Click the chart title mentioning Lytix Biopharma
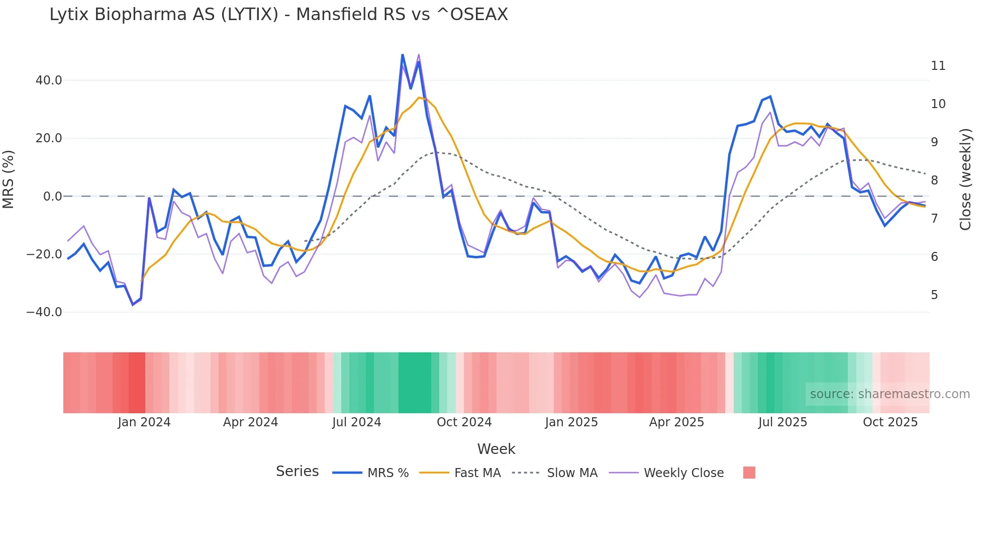(278, 15)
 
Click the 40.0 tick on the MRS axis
(49, 80)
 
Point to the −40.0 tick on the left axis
(44, 312)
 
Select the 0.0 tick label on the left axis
(52, 197)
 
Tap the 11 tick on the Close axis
(938, 66)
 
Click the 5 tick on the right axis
(934, 295)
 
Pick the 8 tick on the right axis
(934, 180)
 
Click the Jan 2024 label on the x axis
(144, 422)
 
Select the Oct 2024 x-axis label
(464, 422)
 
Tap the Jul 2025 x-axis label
(782, 422)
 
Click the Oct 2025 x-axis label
(890, 422)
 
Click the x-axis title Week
(496, 449)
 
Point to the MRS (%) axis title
(9, 179)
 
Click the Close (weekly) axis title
(965, 179)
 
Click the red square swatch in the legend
(749, 473)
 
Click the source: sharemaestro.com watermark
(890, 394)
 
